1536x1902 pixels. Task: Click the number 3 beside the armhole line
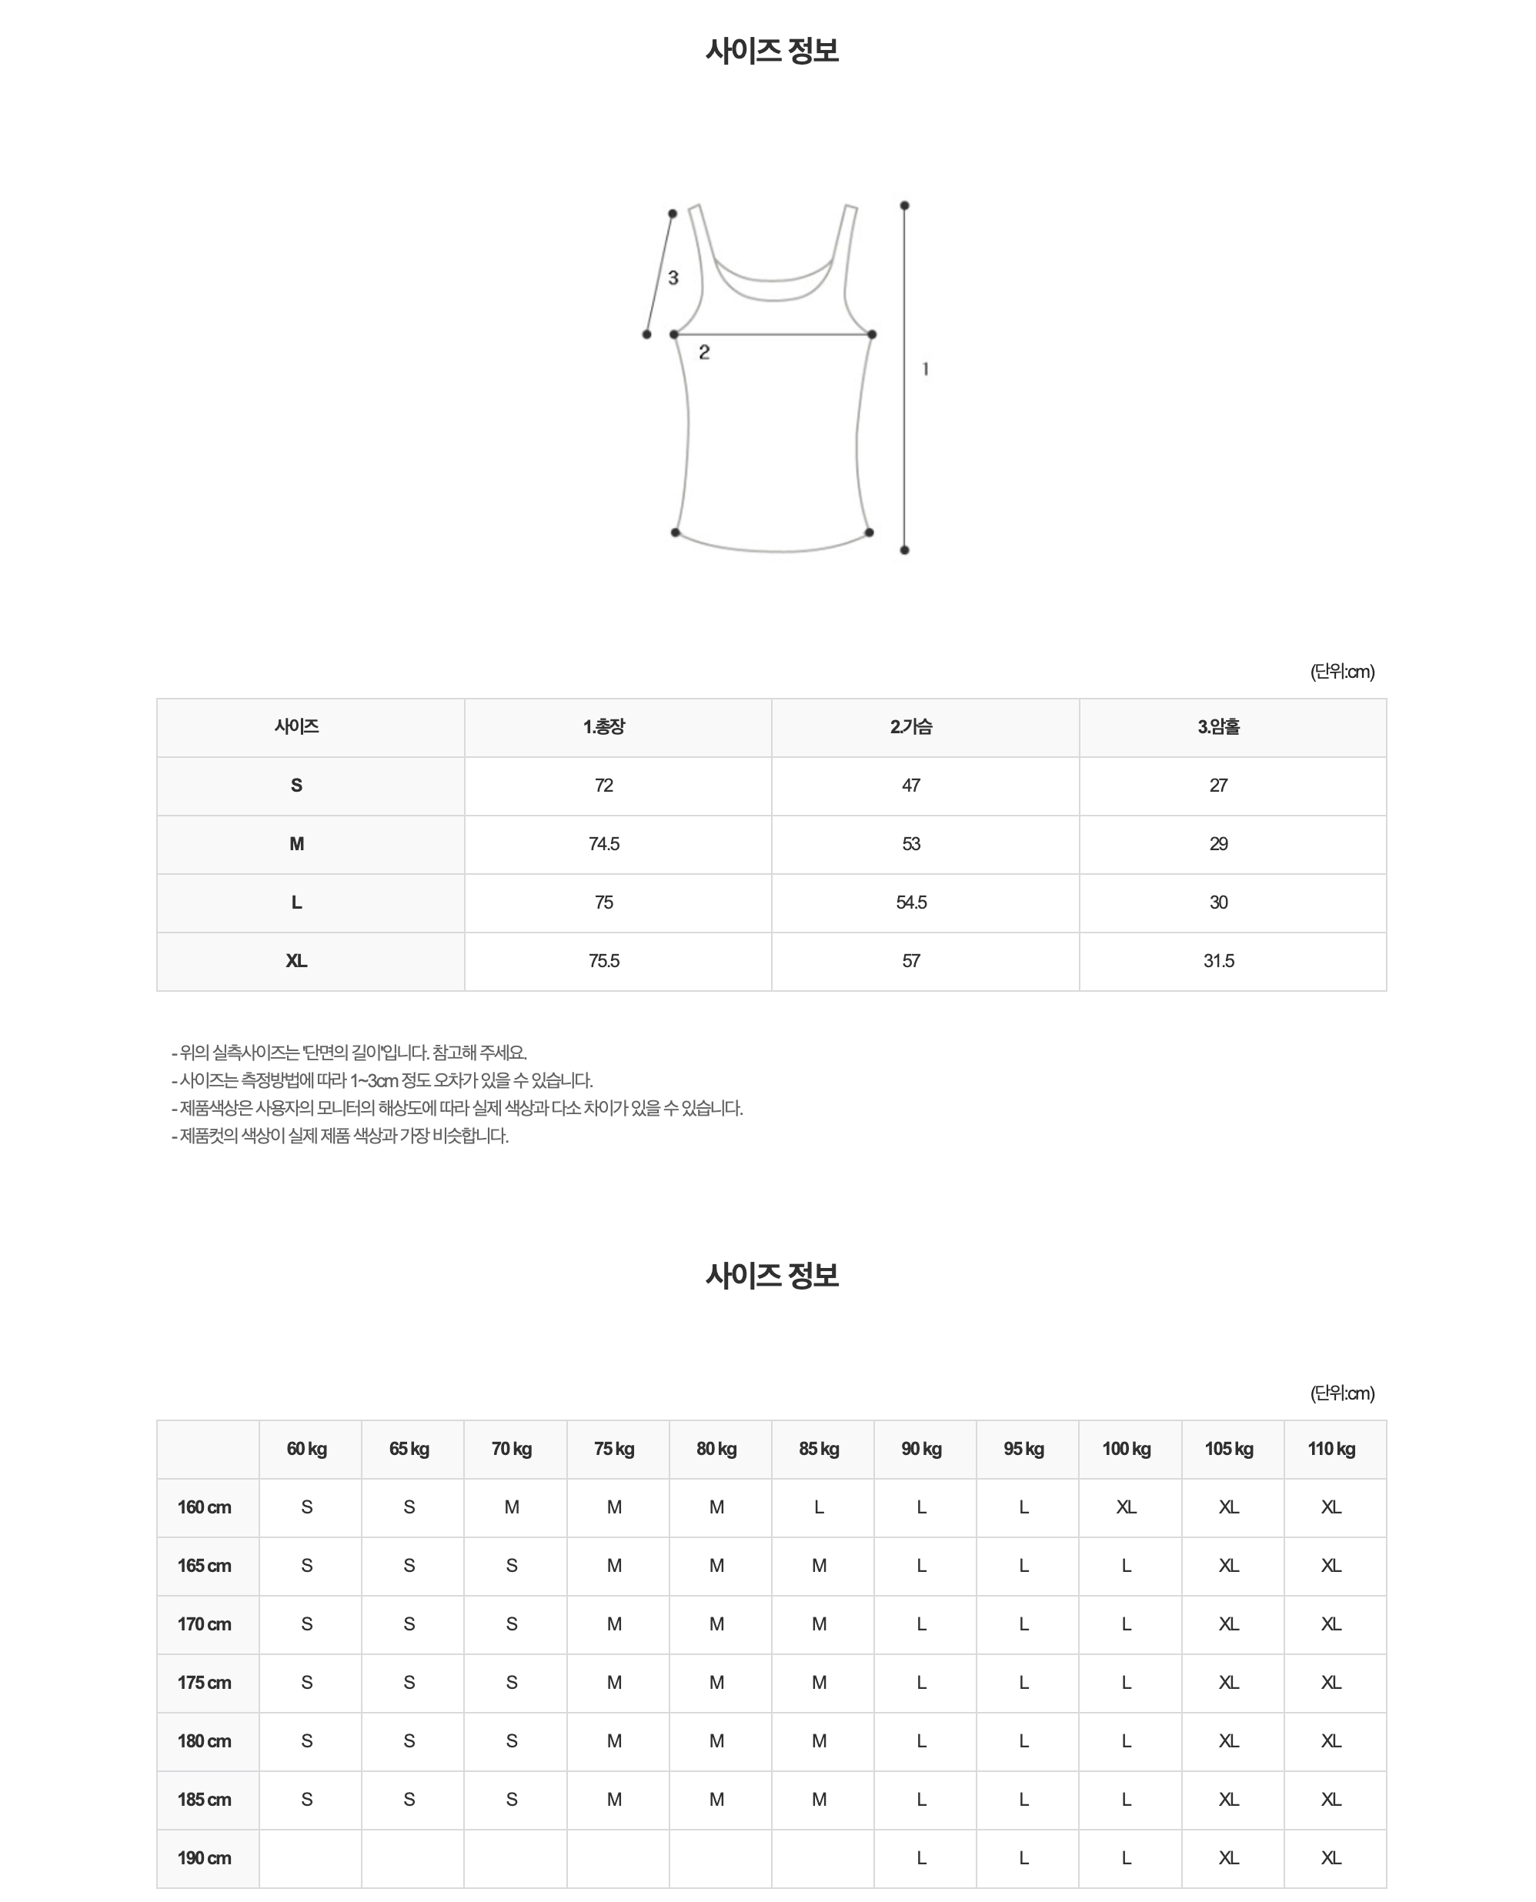point(673,278)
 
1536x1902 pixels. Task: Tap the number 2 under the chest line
point(704,352)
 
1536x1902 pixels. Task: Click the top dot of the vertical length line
point(904,206)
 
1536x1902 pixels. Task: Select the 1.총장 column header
point(604,727)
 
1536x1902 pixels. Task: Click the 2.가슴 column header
point(911,727)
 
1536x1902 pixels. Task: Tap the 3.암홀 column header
point(1218,727)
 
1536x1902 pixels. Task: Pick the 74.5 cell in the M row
point(604,844)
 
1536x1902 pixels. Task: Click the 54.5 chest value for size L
point(911,903)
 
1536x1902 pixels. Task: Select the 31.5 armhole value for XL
point(1218,961)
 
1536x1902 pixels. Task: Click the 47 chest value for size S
point(911,786)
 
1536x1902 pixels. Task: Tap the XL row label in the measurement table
point(296,961)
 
